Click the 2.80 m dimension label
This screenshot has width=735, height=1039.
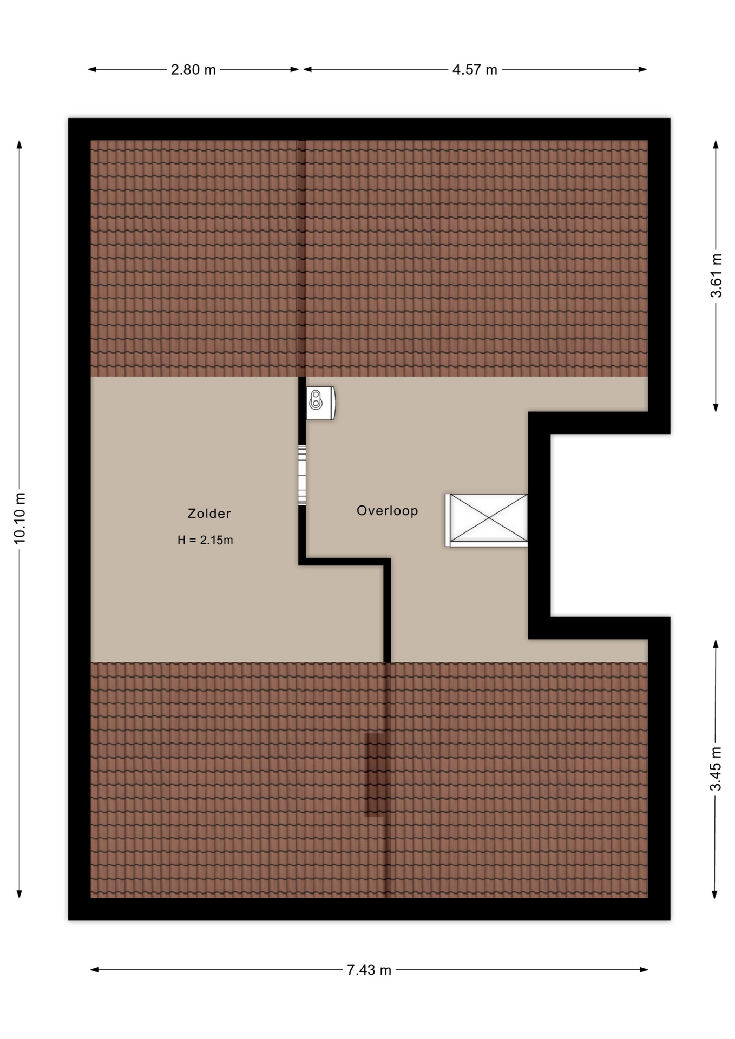[x=193, y=70]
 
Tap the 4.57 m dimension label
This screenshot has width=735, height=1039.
[x=475, y=70]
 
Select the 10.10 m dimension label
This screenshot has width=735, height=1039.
[x=19, y=518]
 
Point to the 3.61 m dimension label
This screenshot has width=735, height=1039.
[x=716, y=275]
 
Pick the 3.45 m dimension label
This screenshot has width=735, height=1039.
[x=716, y=768]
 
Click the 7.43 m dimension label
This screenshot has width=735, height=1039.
[x=369, y=970]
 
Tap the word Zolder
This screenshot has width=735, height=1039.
[x=209, y=514]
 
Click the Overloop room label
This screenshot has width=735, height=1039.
[x=388, y=510]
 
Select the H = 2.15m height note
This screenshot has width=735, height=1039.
[x=205, y=540]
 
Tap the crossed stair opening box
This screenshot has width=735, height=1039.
[x=487, y=520]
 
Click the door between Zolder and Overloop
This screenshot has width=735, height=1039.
[x=302, y=475]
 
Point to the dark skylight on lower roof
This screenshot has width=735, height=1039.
[x=375, y=774]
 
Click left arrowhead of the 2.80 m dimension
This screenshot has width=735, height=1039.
[x=92, y=69]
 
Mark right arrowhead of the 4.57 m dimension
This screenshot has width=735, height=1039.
[x=643, y=69]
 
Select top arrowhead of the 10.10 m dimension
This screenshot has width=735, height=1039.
[x=19, y=144]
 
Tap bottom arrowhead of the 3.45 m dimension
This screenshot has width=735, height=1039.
[x=716, y=895]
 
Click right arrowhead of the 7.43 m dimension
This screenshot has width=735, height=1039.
[x=644, y=970]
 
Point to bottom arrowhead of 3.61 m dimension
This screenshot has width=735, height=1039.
[x=716, y=407]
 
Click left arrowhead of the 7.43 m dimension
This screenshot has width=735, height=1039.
[x=94, y=970]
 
